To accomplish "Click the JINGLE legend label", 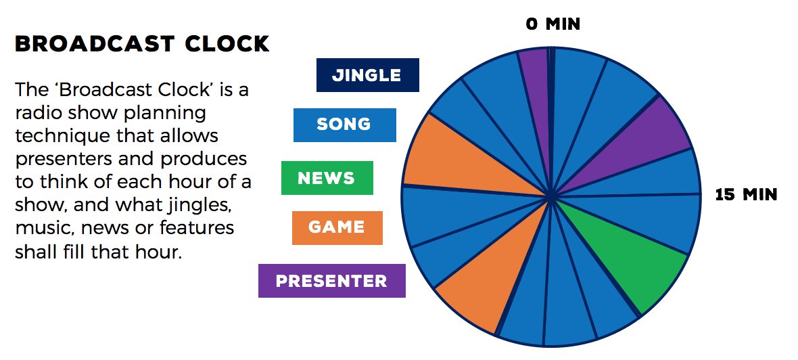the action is point(367,75).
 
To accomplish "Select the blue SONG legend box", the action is point(344,125).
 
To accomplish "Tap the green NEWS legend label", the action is point(327,178).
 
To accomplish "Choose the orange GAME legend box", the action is point(337,227).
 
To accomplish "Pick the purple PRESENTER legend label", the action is point(332,281).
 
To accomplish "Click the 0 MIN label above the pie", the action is point(553,24).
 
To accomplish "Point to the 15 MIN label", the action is point(746,194).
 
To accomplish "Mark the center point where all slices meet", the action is point(550,196).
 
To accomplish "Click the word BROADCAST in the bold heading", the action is point(95,44).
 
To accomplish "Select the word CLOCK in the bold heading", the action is point(227,44).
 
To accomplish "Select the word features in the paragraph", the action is point(197,227).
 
